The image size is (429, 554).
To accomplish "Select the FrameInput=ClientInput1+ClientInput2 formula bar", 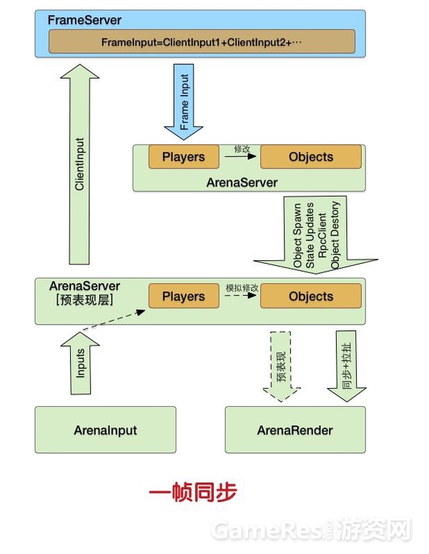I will pos(201,41).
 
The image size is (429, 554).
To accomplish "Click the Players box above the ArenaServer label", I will pos(184,157).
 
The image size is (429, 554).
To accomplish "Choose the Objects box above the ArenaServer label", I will pos(311,157).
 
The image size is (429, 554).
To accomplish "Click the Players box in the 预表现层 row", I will pos(184,297).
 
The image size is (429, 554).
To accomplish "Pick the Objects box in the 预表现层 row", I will pos(311,297).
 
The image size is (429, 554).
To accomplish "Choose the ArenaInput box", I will pos(105,430).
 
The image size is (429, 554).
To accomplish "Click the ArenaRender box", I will pos(295,430).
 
